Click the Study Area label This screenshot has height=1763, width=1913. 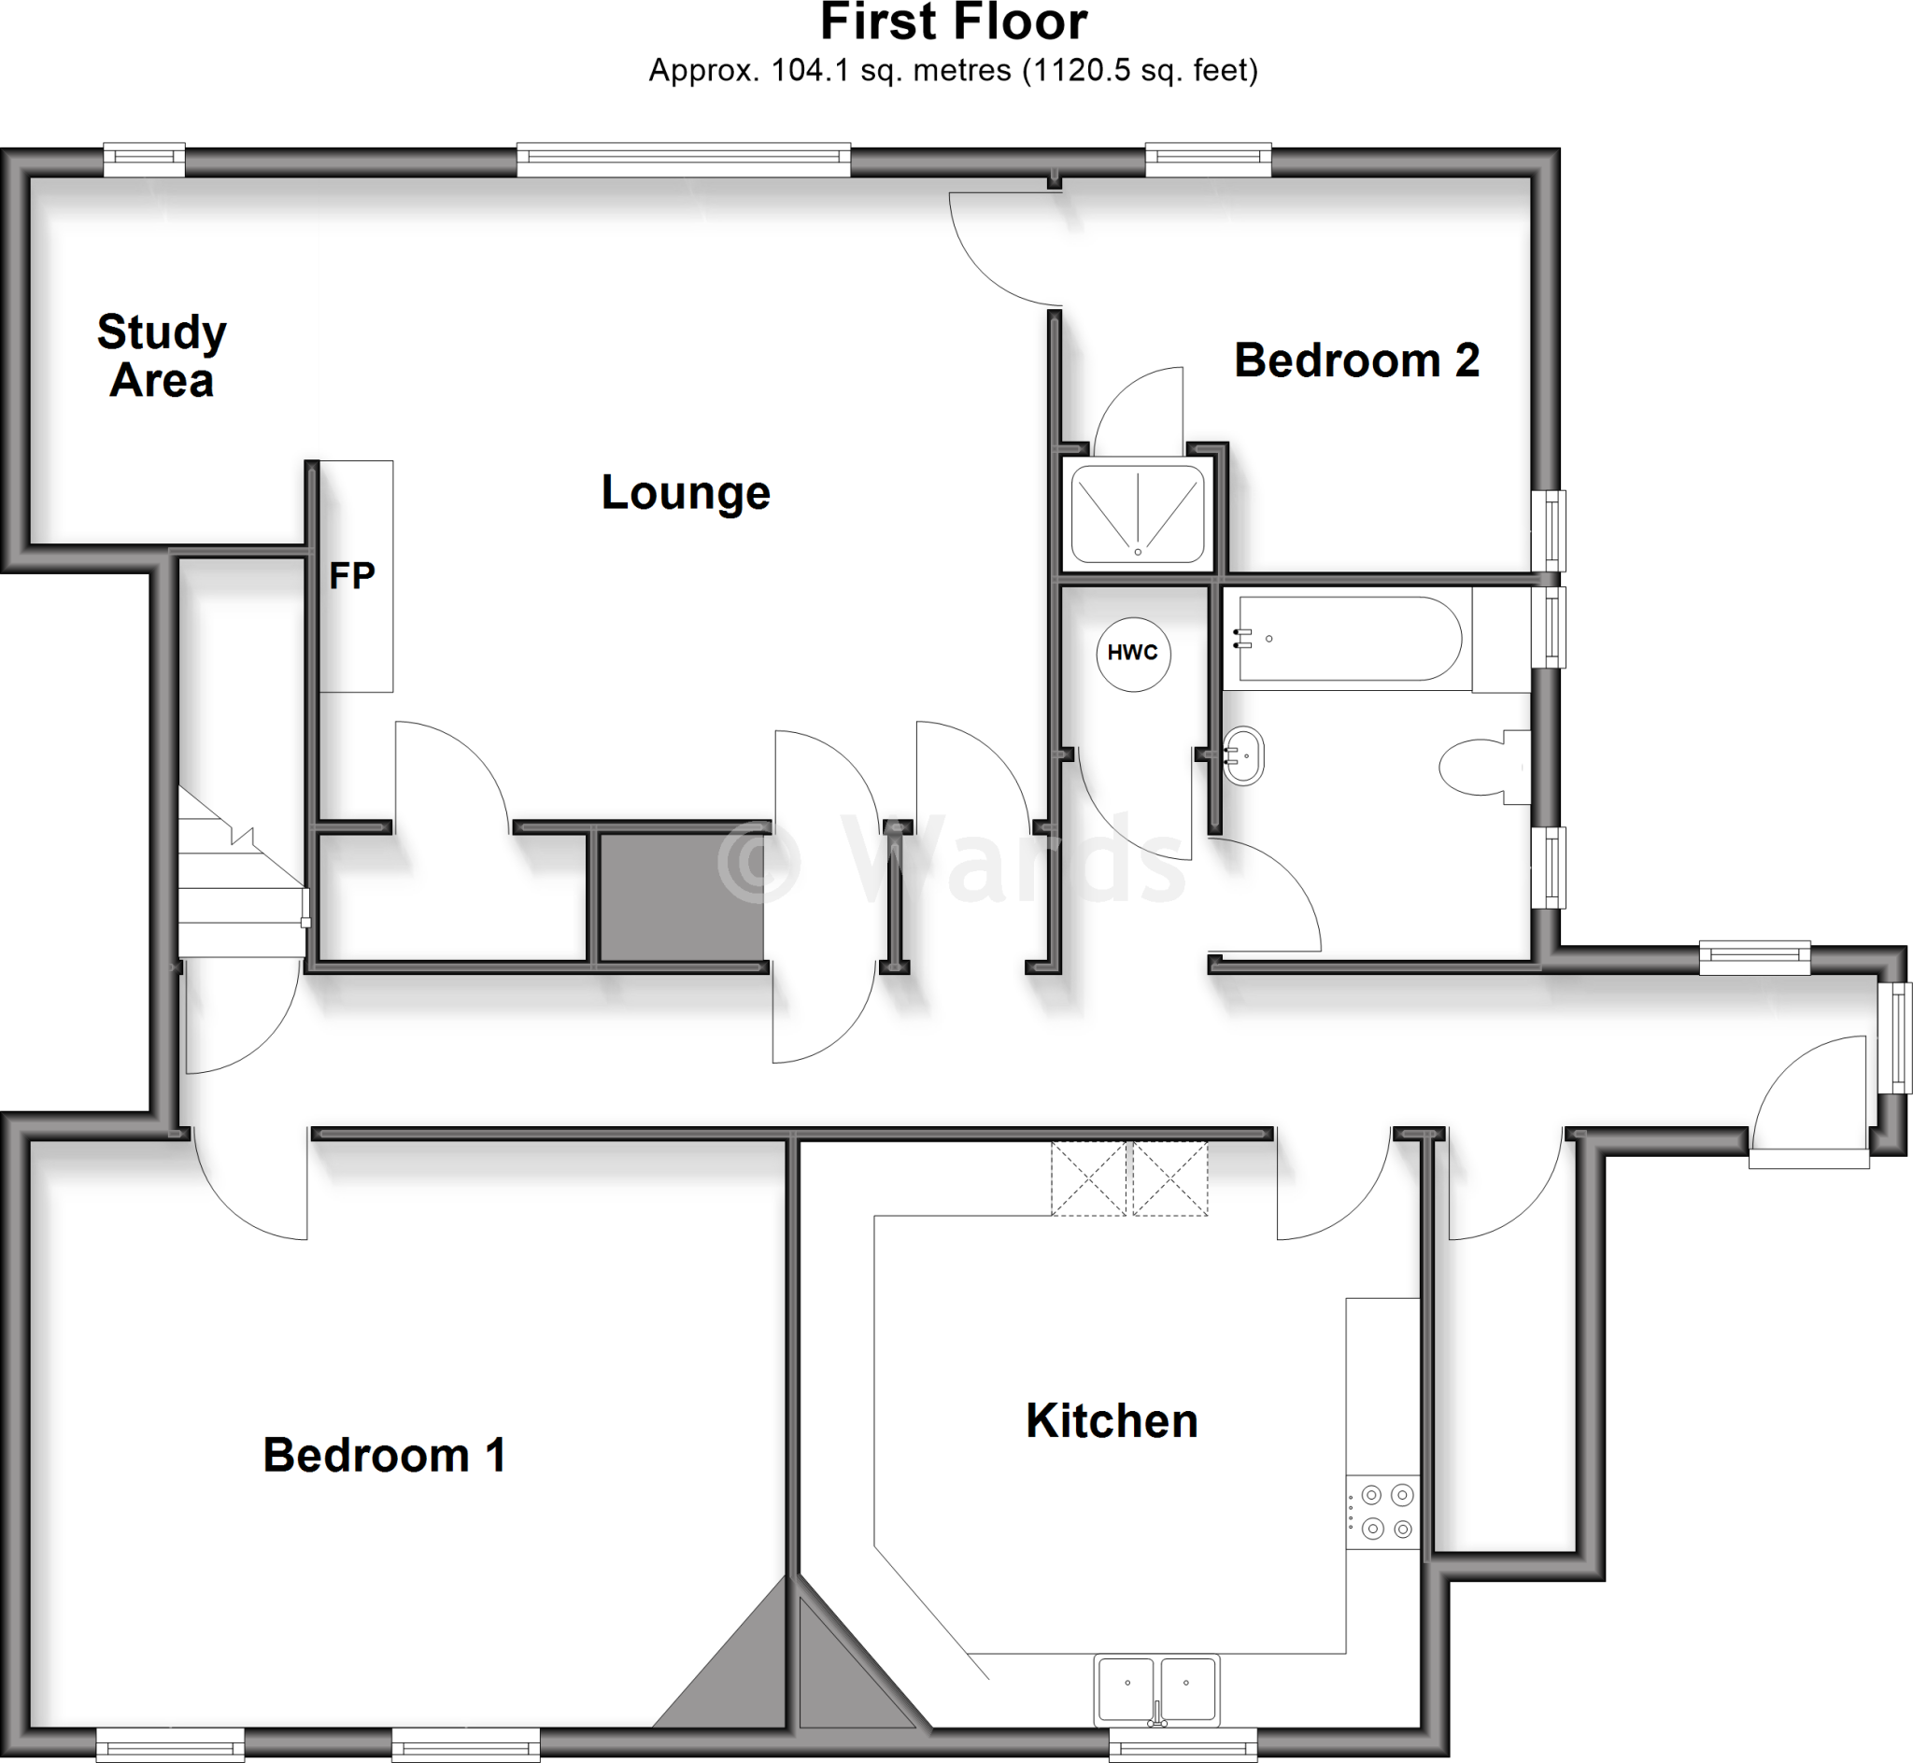pyautogui.click(x=162, y=356)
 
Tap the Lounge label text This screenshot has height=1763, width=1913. pyautogui.click(x=685, y=493)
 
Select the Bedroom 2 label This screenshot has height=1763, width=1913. pyautogui.click(x=1355, y=360)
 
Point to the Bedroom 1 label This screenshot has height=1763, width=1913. pyautogui.click(x=384, y=1456)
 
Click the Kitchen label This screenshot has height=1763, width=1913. pyautogui.click(x=1111, y=1421)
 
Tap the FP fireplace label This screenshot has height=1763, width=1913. pyautogui.click(x=352, y=576)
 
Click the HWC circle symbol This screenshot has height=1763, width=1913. pyautogui.click(x=1132, y=653)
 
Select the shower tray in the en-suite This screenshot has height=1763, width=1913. pyautogui.click(x=1138, y=515)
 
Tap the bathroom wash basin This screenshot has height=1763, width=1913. pyautogui.click(x=1243, y=755)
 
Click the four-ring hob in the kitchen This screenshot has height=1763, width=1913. pyautogui.click(x=1385, y=1511)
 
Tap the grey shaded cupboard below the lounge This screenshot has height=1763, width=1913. pyautogui.click(x=681, y=896)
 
